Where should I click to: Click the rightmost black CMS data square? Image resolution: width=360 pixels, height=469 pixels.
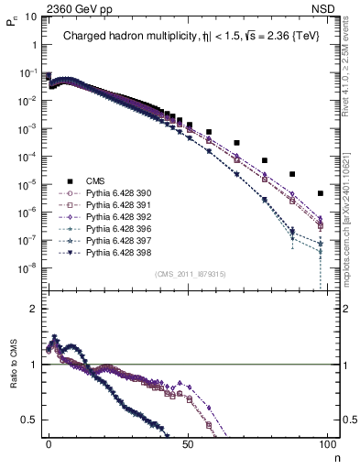[320, 193]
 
